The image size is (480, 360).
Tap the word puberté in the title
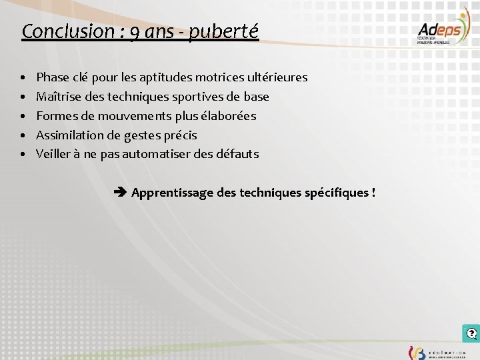point(223,31)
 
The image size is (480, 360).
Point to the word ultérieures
point(275,77)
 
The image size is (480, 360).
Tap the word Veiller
point(54,154)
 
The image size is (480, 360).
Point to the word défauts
point(237,154)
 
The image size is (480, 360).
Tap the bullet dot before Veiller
point(23,155)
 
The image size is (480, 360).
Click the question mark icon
point(471,333)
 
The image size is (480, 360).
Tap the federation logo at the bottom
point(437,352)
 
